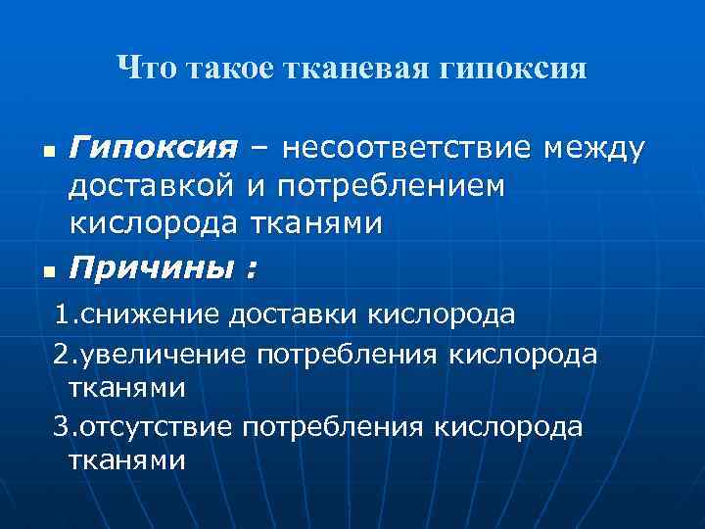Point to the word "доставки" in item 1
tap(294, 315)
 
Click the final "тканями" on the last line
tap(127, 460)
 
